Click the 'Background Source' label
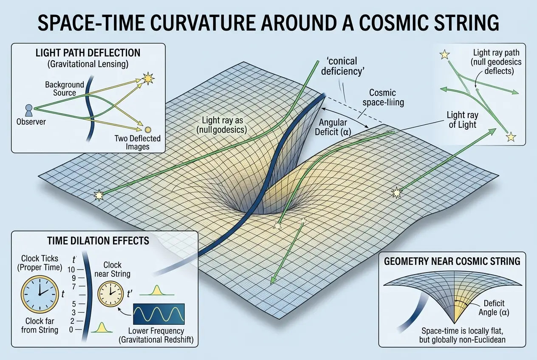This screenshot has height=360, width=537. coord(65,89)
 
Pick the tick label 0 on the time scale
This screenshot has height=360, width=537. coord(71,329)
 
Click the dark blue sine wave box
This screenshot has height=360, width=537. coord(159,314)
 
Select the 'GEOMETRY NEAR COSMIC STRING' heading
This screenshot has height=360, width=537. coord(452,261)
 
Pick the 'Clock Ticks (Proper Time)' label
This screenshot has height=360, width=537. coord(41,263)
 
